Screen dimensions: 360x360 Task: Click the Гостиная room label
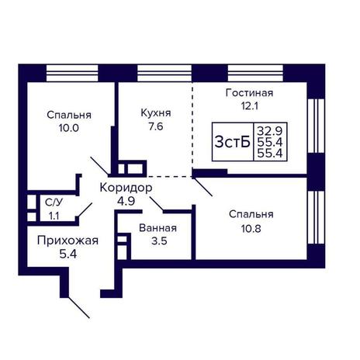click(x=249, y=93)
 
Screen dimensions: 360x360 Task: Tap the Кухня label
click(x=156, y=113)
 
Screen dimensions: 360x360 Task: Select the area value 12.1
click(x=250, y=106)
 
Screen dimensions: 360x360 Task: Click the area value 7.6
click(x=156, y=126)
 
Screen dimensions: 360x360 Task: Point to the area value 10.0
click(x=69, y=128)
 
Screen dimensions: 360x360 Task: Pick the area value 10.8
click(x=251, y=228)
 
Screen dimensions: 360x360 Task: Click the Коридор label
click(x=126, y=188)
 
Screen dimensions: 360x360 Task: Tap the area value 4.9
click(x=126, y=201)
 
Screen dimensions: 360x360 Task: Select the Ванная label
click(x=157, y=228)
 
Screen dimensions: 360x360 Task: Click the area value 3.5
click(x=159, y=241)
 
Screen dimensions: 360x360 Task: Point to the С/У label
click(x=54, y=202)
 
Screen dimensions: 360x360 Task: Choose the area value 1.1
click(x=54, y=216)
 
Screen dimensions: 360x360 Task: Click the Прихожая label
click(x=67, y=241)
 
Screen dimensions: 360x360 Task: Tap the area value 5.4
click(x=68, y=254)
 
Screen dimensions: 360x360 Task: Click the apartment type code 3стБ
click(x=233, y=142)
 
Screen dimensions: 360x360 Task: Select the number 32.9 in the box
click(x=270, y=131)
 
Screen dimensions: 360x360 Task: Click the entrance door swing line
click(x=78, y=307)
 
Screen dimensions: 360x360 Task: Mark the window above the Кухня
click(x=164, y=73)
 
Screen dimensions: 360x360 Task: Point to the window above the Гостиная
click(x=255, y=73)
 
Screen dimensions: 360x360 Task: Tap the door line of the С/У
click(x=85, y=209)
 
